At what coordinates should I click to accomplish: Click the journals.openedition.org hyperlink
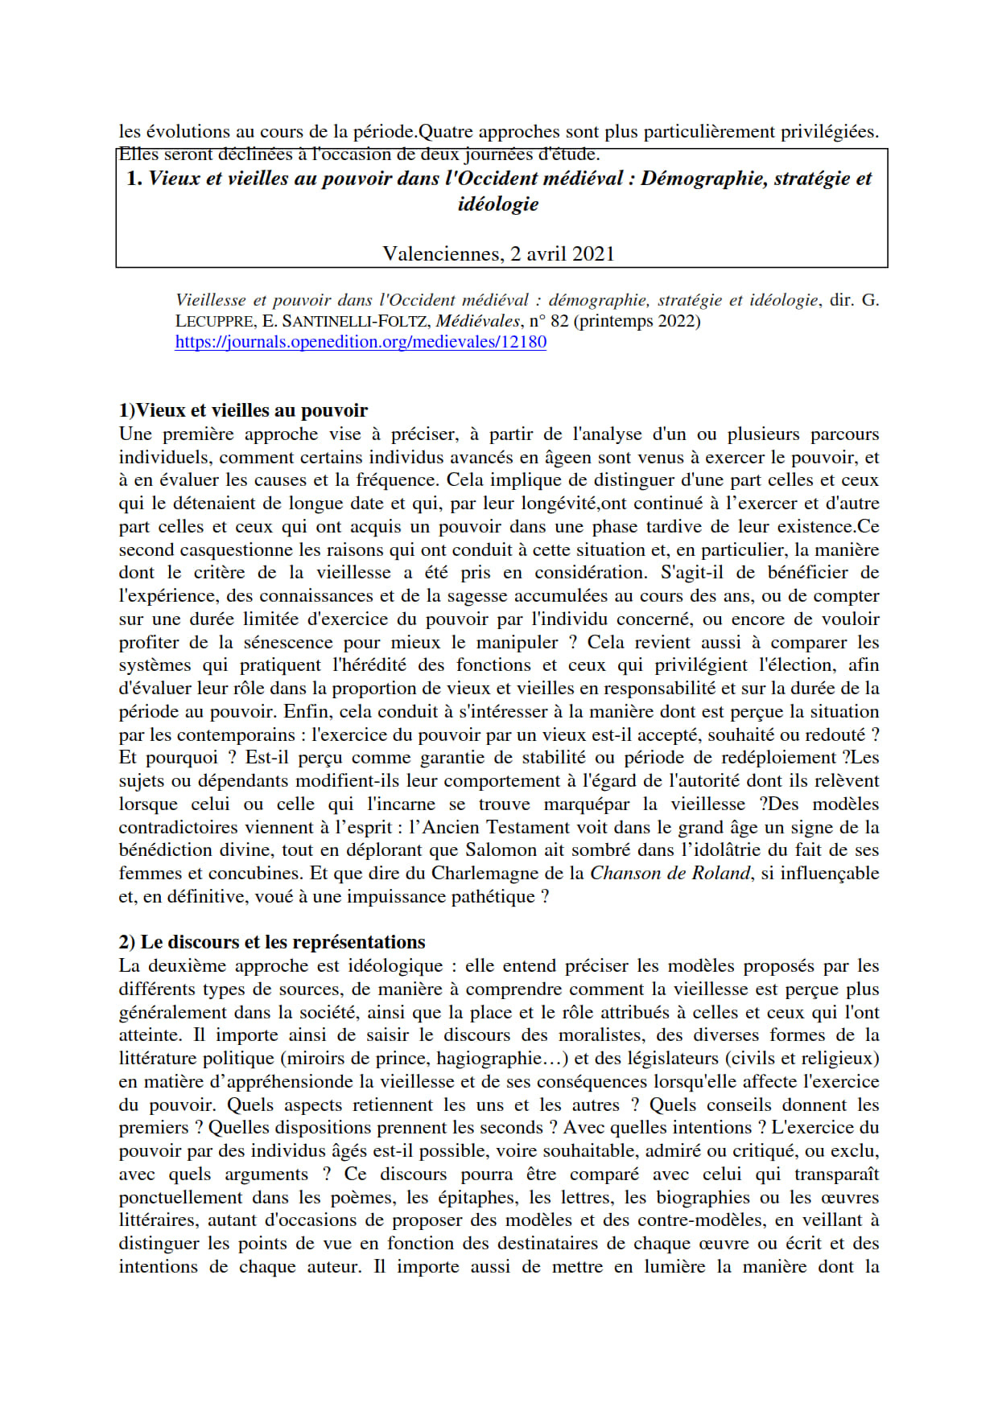[x=361, y=342]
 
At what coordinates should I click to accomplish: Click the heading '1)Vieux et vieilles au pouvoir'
[x=243, y=410]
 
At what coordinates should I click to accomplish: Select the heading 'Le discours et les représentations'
[x=282, y=942]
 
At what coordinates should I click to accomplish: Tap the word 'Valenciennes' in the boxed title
[x=441, y=254]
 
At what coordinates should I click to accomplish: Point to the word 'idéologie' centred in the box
[x=498, y=204]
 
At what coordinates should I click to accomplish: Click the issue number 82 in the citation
[x=559, y=321]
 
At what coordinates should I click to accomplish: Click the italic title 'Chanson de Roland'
[x=670, y=874]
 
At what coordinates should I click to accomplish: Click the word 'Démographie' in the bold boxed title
[x=703, y=179]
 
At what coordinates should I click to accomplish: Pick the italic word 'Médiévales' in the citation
[x=478, y=321]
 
